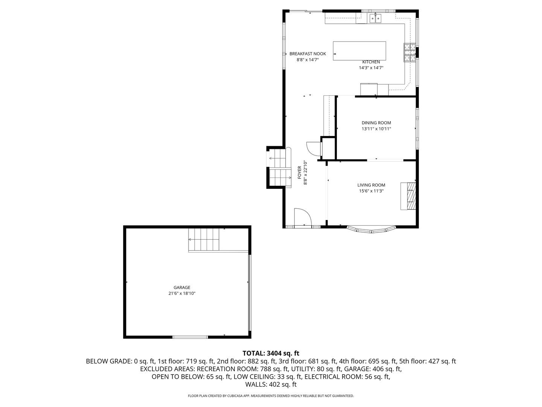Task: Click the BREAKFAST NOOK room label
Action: (308, 54)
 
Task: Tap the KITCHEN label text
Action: (371, 62)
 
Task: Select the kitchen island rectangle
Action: (359, 51)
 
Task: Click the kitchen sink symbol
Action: (375, 18)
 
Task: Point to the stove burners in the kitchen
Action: (410, 52)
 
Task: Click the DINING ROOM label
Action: (376, 123)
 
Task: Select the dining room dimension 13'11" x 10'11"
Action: (376, 129)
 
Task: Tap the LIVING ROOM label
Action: (371, 185)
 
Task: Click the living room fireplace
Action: (409, 196)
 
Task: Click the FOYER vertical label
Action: (300, 173)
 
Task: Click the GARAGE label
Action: (182, 288)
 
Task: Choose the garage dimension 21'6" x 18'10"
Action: (182, 294)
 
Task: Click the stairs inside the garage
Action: (204, 239)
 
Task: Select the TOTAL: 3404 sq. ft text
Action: (271, 353)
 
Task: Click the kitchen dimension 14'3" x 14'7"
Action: (371, 68)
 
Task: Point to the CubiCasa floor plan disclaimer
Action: (271, 396)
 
